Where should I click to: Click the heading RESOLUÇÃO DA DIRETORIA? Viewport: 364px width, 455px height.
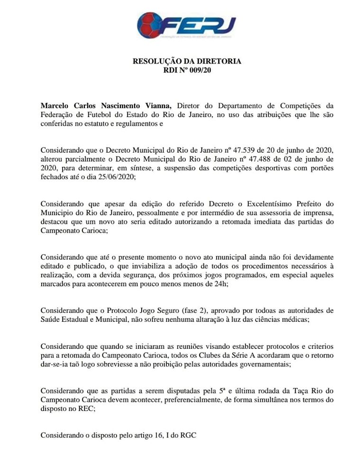(187, 62)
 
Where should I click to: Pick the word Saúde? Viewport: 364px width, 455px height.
(51, 320)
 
